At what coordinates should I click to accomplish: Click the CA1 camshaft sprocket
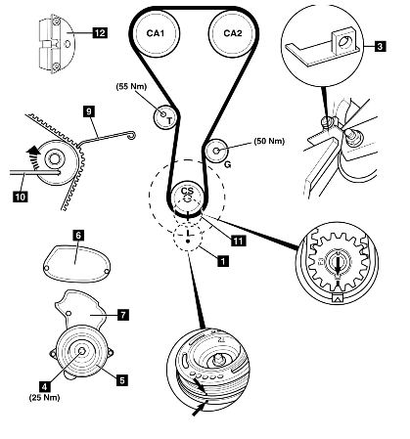[156, 33]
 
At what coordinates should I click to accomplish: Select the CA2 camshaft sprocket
[233, 33]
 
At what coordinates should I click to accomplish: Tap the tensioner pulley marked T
[165, 116]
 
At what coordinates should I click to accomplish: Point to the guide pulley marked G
[216, 151]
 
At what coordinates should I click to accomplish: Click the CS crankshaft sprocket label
[187, 192]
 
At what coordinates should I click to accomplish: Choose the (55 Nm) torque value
[132, 86]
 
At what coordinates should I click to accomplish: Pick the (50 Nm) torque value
[269, 141]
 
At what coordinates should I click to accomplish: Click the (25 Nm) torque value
[45, 397]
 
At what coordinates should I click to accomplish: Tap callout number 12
[100, 33]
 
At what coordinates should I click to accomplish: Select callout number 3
[380, 46]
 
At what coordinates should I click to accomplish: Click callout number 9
[89, 111]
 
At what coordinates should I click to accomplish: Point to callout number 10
[21, 197]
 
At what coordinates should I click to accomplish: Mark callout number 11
[238, 241]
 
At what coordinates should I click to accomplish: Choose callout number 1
[223, 261]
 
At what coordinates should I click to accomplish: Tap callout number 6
[78, 235]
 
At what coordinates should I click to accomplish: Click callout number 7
[123, 315]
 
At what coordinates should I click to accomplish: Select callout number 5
[122, 380]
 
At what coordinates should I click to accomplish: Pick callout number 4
[45, 386]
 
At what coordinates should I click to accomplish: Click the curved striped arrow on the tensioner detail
[33, 157]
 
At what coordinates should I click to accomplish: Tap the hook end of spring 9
[132, 135]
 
